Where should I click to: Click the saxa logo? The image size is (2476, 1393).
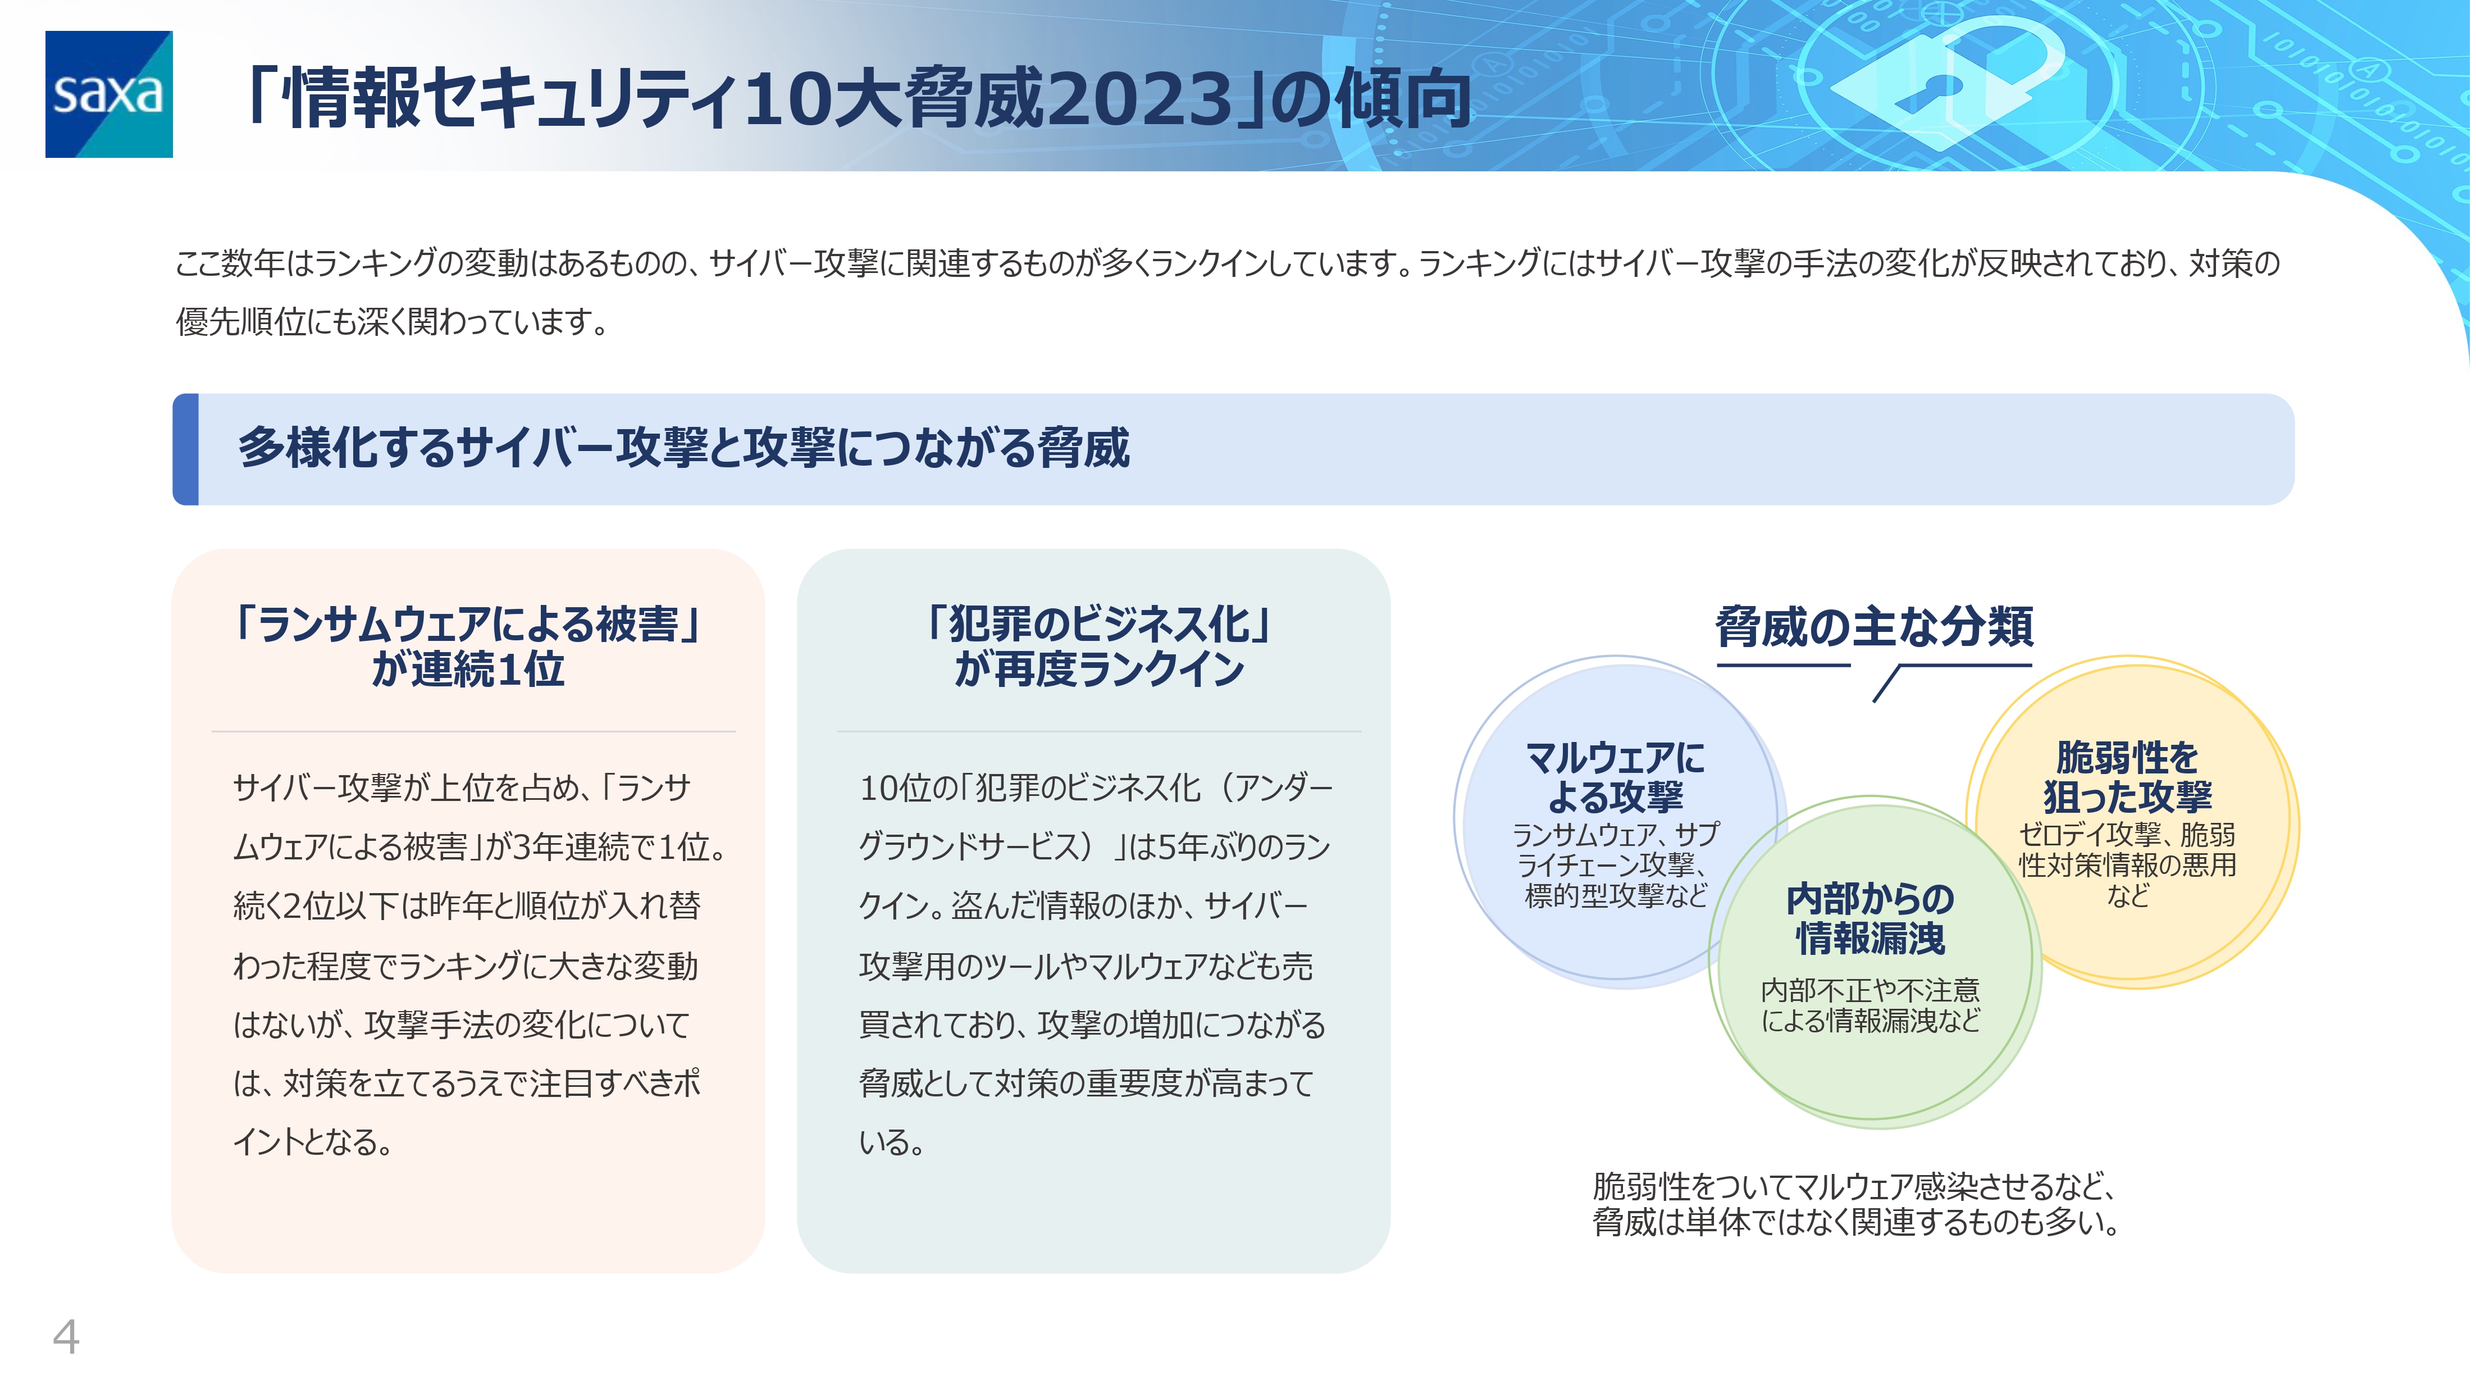click(x=108, y=94)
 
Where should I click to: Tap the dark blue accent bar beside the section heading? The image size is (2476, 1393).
click(x=185, y=449)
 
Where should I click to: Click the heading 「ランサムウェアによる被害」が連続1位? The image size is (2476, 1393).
click(x=468, y=646)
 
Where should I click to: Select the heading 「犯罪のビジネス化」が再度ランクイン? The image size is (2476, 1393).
click(x=1098, y=646)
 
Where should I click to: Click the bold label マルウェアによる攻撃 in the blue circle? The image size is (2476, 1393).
click(x=1616, y=777)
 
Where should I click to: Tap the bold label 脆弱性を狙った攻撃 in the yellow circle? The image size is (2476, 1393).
click(x=2127, y=777)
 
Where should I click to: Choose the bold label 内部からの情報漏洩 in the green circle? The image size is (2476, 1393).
click(x=1871, y=918)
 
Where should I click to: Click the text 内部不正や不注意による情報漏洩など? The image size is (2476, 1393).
click(x=1871, y=1005)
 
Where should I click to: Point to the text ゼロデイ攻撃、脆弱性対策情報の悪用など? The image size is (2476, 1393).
click(x=2127, y=865)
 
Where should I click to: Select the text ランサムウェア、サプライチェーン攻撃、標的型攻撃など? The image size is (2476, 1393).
click(x=1616, y=865)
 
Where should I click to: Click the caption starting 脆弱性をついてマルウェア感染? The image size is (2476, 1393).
click(x=1855, y=1205)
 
